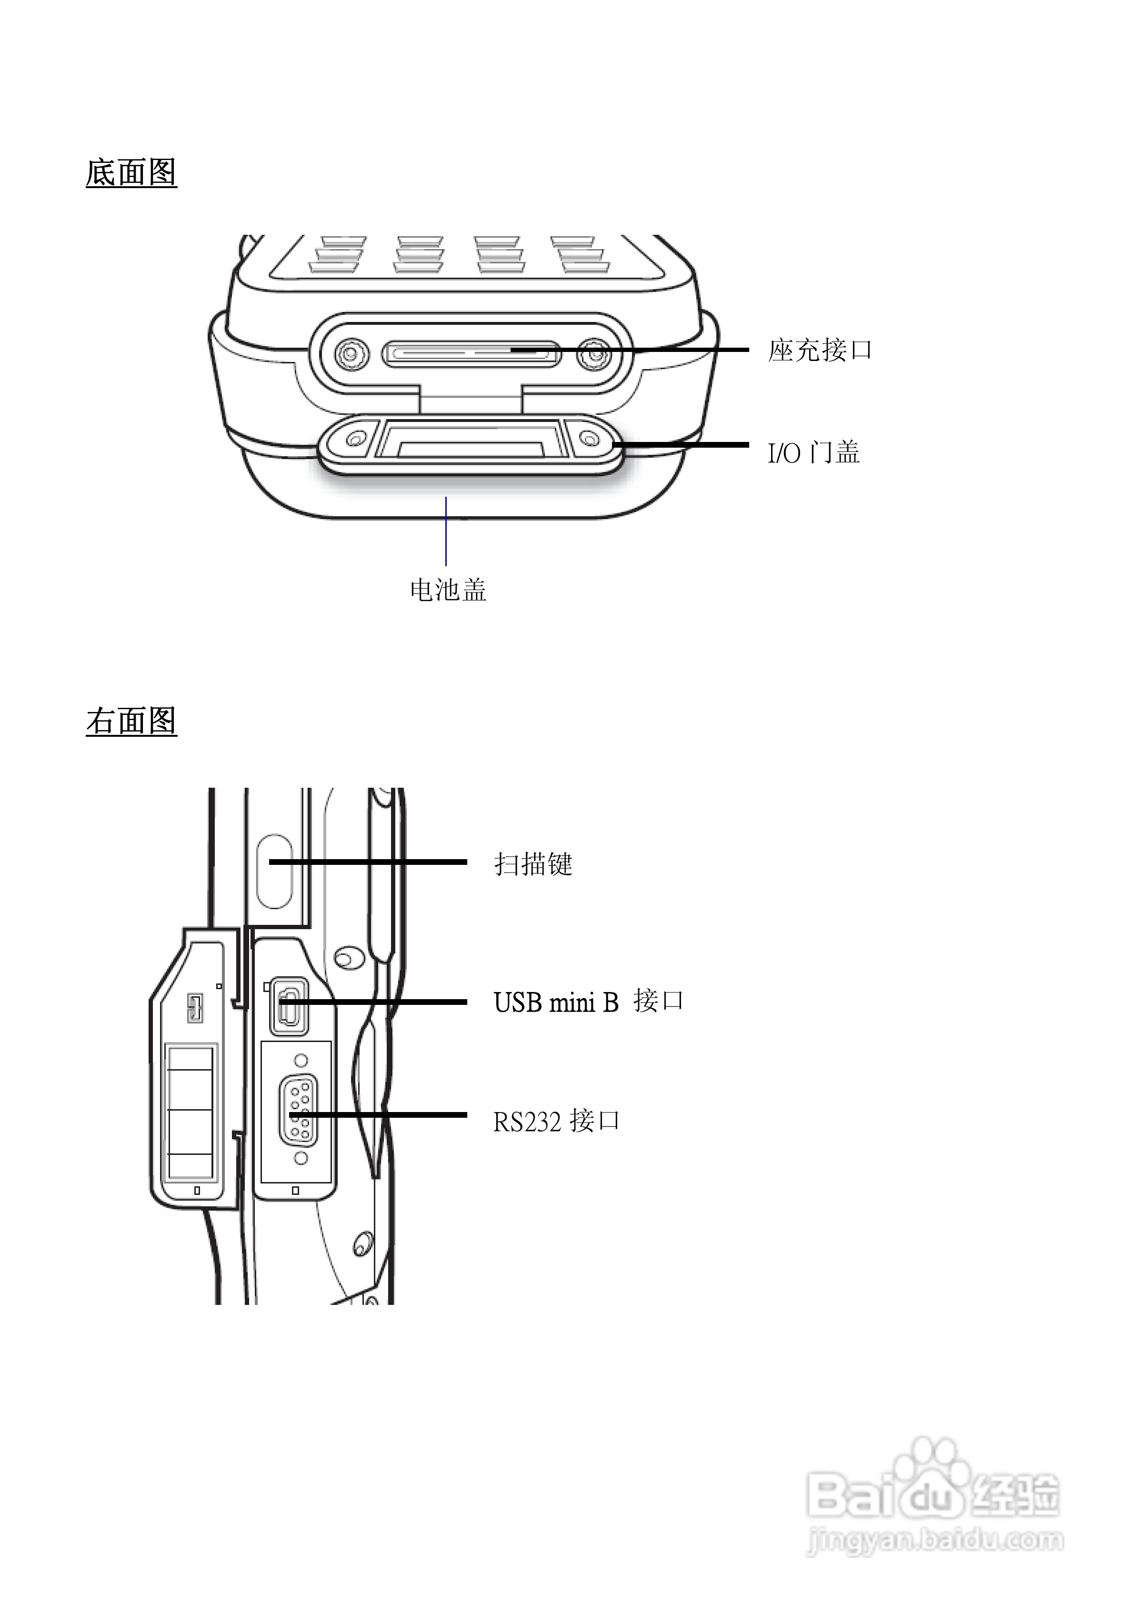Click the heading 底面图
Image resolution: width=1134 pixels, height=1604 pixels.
click(131, 172)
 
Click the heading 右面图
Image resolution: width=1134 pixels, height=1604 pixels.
click(131, 721)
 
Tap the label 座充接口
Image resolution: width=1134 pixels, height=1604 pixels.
click(820, 350)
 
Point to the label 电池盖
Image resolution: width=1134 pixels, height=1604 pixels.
click(448, 591)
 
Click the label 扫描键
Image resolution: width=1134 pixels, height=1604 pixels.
click(533, 864)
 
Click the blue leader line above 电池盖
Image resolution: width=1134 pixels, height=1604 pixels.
click(446, 531)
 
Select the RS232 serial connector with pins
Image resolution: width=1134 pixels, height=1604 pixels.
click(298, 1111)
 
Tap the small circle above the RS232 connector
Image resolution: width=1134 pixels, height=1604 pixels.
click(301, 1061)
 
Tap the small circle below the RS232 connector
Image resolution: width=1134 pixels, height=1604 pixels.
click(301, 1158)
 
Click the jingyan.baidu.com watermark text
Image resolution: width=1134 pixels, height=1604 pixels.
click(935, 1539)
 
